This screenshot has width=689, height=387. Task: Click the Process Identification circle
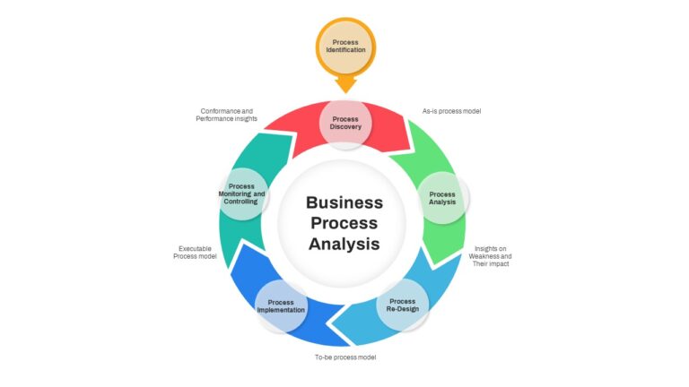(x=345, y=47)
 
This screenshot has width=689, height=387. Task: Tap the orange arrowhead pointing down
(x=345, y=84)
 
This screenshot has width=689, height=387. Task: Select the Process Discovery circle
(x=345, y=123)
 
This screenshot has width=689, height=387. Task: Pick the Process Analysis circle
(x=442, y=198)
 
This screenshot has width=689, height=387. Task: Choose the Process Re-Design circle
(x=403, y=305)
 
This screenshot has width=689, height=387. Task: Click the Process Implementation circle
(x=281, y=306)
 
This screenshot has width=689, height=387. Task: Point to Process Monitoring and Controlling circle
(x=241, y=193)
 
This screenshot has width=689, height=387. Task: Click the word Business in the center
(x=344, y=202)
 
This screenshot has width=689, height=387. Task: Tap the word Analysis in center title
(x=344, y=244)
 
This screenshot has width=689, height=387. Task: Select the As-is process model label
(x=452, y=111)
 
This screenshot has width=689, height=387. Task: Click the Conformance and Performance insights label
(x=227, y=115)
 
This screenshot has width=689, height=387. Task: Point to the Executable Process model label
(x=195, y=253)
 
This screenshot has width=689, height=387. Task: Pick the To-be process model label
(x=345, y=357)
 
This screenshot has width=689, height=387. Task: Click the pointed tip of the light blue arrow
(x=329, y=325)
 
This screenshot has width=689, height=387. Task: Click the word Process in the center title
(x=344, y=223)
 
